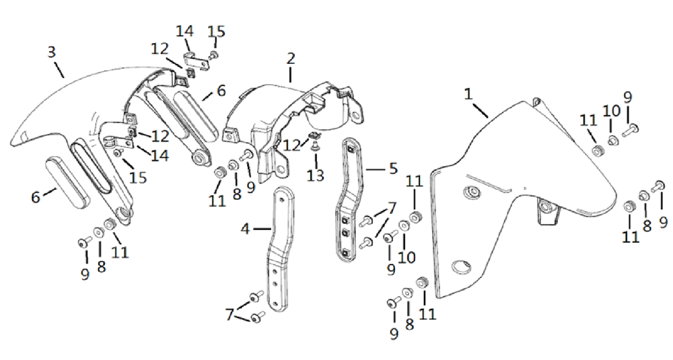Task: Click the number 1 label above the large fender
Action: pos(468,94)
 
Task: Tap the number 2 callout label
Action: pos(290,59)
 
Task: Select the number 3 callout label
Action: pos(51,52)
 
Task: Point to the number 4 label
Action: pos(245,229)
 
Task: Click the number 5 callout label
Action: pos(394,168)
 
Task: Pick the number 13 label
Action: pos(315,176)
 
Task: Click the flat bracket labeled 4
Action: pos(277,249)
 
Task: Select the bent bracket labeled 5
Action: pos(349,202)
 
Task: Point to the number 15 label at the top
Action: pos(216,32)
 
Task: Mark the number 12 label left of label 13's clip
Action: pos(291,144)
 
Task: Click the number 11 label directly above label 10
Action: pos(413,180)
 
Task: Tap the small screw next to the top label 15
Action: pos(213,54)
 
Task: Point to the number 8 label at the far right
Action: pos(646,226)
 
